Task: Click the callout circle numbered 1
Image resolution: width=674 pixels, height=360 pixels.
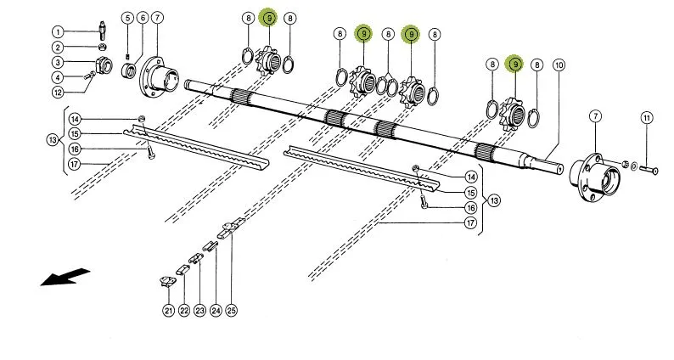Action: point(58,31)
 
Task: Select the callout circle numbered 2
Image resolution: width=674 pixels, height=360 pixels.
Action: point(58,48)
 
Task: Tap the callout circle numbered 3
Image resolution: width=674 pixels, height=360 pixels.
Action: point(58,62)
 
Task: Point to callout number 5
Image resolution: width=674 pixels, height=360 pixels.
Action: point(126,18)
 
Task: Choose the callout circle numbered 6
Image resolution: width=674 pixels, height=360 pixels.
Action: point(143,18)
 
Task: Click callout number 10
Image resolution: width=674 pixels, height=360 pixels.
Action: point(559,65)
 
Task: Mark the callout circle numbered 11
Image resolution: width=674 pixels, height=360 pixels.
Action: point(647,118)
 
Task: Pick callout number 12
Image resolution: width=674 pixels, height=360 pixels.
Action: point(58,92)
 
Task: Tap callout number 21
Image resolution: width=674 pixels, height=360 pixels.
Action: point(169,311)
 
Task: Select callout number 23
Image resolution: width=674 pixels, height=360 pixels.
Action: point(199,311)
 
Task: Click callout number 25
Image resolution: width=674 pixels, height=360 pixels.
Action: point(232,311)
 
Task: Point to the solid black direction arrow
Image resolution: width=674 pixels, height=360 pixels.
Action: point(65,277)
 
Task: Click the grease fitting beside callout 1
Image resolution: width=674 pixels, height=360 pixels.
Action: point(103,30)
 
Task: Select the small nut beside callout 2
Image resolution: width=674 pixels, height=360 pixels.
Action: point(103,48)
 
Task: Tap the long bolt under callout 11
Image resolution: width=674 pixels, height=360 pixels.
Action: point(649,171)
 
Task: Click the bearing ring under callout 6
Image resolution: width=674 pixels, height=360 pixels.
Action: point(128,69)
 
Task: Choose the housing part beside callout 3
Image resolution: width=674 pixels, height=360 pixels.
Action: point(104,65)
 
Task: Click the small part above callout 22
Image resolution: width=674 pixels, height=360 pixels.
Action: point(183,271)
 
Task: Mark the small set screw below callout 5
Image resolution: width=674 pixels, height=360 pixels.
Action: point(127,57)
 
